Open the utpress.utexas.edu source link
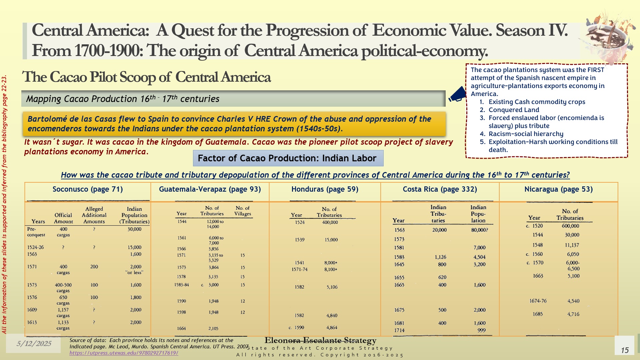[x=124, y=353]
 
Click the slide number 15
[x=624, y=350]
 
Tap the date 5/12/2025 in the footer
[x=34, y=343]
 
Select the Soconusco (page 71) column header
[x=88, y=189]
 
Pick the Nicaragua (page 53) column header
[x=558, y=189]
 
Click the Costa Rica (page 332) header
[x=440, y=189]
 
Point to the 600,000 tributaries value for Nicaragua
[x=570, y=226]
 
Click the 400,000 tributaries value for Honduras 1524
[x=330, y=222]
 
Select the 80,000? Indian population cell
[x=479, y=230]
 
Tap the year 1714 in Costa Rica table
[x=399, y=330]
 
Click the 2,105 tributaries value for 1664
[x=213, y=328]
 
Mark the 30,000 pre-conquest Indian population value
[x=134, y=229]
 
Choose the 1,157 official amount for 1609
[x=63, y=310]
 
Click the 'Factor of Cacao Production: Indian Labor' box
[x=288, y=158]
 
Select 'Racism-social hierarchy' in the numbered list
[x=526, y=134]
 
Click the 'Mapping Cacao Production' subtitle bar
[x=233, y=99]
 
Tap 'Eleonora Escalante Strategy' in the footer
[x=320, y=340]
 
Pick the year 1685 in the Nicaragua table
[x=537, y=314]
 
